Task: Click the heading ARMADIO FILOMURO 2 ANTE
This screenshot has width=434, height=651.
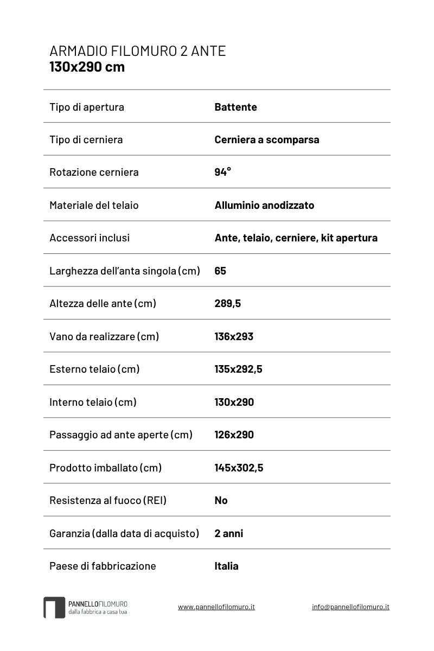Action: (137, 51)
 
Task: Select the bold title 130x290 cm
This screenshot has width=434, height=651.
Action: (87, 67)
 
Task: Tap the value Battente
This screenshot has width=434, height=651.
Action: (235, 107)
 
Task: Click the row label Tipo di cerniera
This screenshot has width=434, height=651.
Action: (86, 139)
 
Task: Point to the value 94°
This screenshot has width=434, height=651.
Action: (222, 172)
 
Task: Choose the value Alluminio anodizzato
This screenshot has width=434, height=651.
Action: (264, 205)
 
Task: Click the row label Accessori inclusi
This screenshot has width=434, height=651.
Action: (90, 238)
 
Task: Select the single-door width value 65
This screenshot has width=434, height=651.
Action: (220, 271)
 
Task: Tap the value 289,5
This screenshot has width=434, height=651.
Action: (227, 303)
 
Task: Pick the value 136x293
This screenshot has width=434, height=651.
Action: (234, 336)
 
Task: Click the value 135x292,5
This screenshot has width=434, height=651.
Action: (238, 369)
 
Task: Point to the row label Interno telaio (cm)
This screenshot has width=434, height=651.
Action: (93, 402)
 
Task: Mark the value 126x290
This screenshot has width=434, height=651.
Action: (234, 435)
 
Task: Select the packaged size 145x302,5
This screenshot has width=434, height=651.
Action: (239, 468)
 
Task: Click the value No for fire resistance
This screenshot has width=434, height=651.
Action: (221, 500)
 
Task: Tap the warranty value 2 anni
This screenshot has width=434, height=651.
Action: (228, 533)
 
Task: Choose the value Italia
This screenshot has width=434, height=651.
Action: (226, 566)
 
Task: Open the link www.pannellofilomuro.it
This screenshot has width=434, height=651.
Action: (216, 607)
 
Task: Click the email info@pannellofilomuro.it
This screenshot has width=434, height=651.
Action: (350, 607)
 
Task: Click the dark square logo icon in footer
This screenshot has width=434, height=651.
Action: (54, 608)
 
